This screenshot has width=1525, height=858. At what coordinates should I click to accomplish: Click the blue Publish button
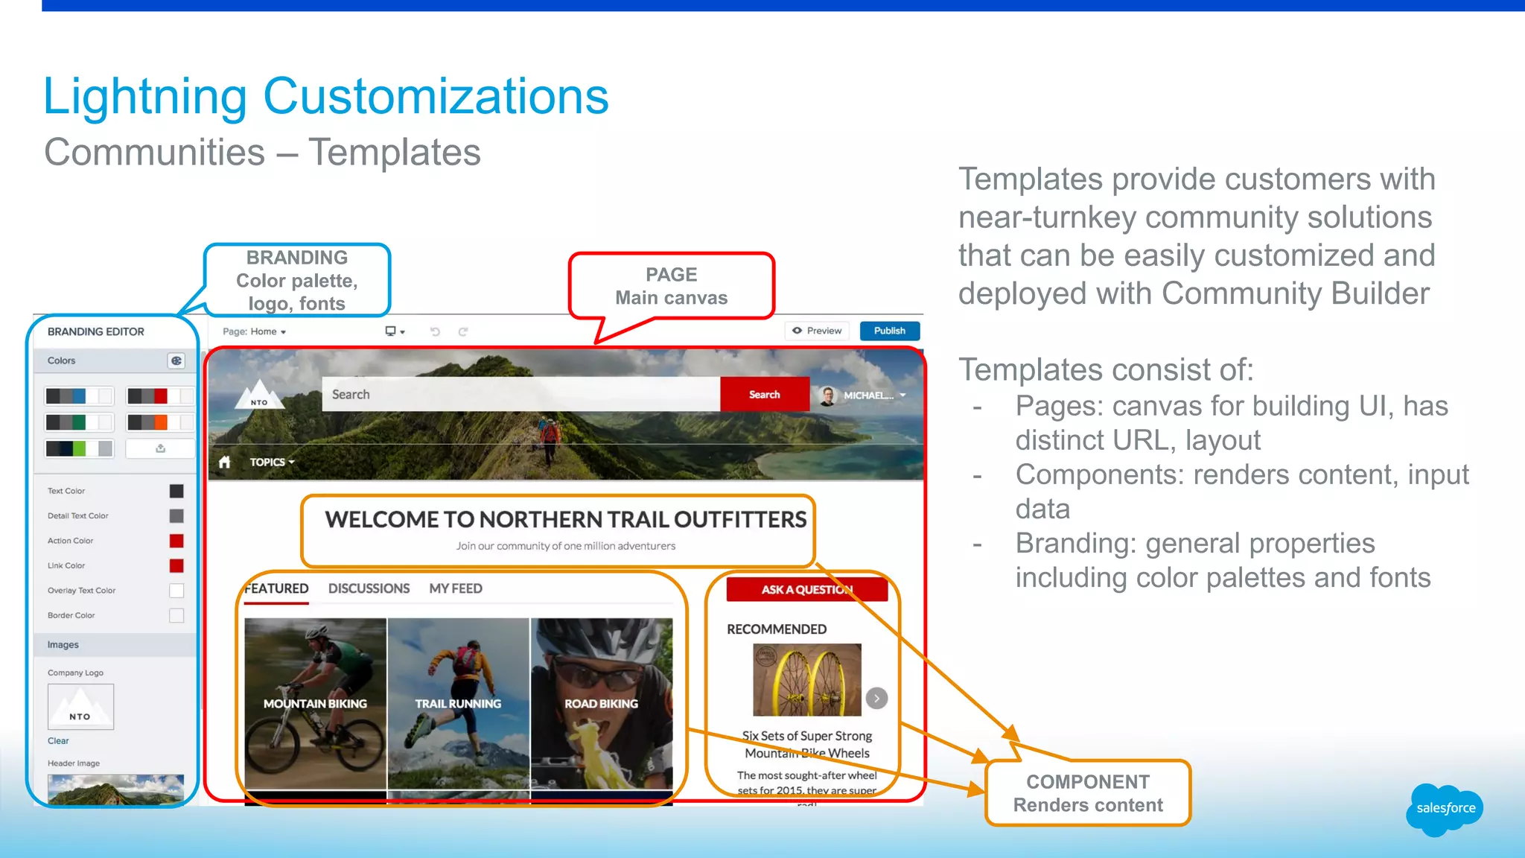(x=889, y=331)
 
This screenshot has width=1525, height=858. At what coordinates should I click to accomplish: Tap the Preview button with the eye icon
(x=817, y=331)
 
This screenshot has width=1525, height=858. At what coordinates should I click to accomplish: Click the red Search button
(x=764, y=395)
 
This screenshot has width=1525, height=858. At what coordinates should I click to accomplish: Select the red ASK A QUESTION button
(x=806, y=589)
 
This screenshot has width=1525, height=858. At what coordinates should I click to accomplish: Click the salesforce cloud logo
(x=1445, y=809)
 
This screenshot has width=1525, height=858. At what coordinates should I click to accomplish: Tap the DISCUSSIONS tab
(x=369, y=588)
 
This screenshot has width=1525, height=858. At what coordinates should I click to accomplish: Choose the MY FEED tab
(x=456, y=588)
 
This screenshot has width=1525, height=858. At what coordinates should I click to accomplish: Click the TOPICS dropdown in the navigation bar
(x=272, y=462)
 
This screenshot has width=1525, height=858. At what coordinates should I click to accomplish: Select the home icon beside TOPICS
(x=225, y=462)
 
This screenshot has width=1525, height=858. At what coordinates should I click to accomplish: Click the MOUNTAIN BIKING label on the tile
(x=315, y=703)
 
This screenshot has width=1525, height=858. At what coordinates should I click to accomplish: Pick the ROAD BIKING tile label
(x=601, y=703)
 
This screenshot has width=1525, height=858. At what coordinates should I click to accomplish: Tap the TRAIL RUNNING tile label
(x=458, y=703)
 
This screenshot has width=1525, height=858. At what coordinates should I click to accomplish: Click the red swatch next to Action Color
(x=176, y=541)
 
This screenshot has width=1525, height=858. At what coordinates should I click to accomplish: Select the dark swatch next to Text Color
(x=176, y=491)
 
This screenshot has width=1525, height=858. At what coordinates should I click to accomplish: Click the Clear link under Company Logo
(x=58, y=740)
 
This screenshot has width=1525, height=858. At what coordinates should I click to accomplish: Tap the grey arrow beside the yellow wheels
(x=876, y=698)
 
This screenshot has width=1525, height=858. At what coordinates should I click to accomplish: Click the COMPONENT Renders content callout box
(x=1088, y=793)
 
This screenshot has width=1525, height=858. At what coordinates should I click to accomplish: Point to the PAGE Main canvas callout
(x=671, y=286)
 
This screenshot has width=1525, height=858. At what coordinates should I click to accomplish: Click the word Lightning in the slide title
(x=144, y=97)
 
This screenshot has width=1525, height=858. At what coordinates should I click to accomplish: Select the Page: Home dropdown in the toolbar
(x=255, y=331)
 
